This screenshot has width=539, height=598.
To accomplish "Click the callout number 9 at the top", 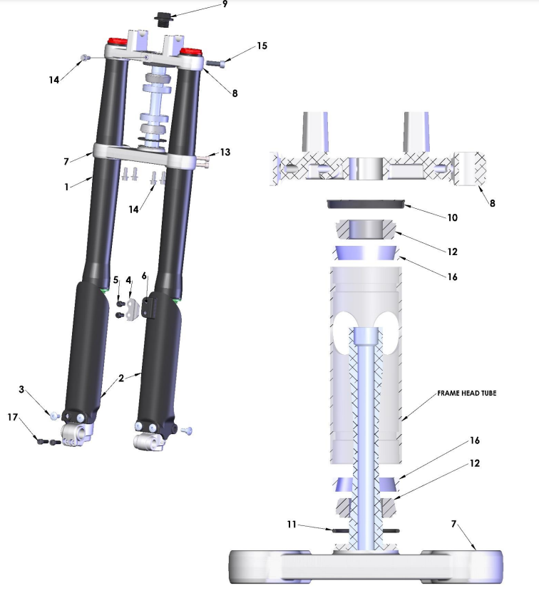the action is click(225, 4).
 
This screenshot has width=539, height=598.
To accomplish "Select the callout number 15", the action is click(262, 46).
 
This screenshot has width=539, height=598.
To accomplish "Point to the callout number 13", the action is click(225, 152).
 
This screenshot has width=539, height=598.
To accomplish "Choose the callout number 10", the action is click(452, 217).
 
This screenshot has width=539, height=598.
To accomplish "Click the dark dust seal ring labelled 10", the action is click(366, 203).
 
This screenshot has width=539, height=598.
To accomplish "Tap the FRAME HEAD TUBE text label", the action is click(466, 393).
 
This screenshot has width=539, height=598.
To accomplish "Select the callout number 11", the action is click(292, 525).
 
